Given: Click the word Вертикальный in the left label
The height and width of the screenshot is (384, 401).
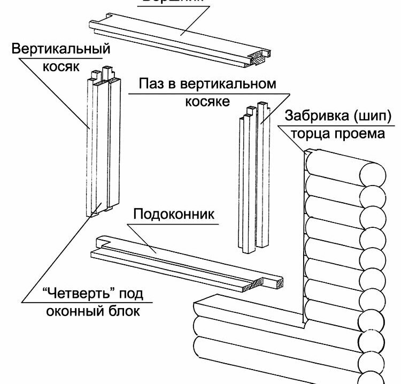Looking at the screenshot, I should click(60, 50).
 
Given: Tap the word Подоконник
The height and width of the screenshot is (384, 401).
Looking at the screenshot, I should click(174, 214).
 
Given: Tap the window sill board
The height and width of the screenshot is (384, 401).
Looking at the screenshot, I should click(182, 262).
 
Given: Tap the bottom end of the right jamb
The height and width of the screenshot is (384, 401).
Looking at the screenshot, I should click(251, 248).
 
